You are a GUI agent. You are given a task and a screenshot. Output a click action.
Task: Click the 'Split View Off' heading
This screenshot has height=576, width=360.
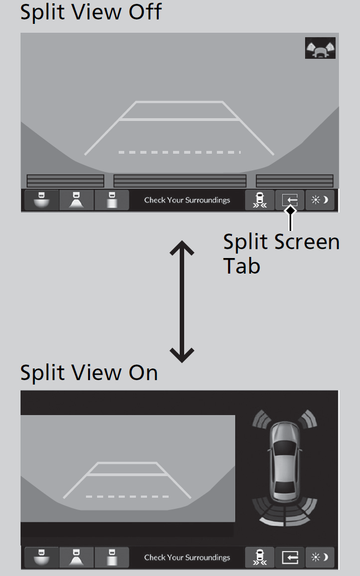tap(90, 12)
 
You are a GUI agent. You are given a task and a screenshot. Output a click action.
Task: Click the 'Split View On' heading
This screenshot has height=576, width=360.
tap(89, 372)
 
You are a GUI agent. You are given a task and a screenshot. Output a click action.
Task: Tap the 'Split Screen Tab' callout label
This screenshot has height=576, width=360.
tap(281, 254)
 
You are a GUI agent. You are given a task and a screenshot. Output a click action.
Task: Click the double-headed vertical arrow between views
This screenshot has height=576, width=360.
tap(181, 302)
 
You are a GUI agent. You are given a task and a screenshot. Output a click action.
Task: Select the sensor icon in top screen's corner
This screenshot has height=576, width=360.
tap(320, 49)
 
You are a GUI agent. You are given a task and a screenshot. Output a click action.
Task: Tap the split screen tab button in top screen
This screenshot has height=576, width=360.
tap(290, 200)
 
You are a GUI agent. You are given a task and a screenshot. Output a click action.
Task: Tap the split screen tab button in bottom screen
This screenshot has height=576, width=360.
tap(290, 557)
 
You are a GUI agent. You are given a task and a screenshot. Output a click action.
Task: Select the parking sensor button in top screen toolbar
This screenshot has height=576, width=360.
tap(259, 200)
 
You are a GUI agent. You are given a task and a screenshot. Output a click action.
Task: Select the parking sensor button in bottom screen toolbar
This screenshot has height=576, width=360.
tap(259, 557)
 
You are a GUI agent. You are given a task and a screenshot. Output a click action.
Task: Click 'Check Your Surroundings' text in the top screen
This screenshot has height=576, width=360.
tap(187, 200)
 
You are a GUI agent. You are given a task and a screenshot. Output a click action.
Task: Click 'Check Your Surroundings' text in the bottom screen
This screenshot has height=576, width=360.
tap(187, 558)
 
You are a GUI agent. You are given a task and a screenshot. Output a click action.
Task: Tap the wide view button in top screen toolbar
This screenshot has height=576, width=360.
tap(41, 200)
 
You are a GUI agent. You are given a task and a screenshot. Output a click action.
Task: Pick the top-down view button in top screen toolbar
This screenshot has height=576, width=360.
tap(111, 200)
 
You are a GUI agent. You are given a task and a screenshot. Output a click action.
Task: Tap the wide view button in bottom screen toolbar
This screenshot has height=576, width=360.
tap(41, 557)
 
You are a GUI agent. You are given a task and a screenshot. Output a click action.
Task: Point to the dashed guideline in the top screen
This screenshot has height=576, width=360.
tap(179, 152)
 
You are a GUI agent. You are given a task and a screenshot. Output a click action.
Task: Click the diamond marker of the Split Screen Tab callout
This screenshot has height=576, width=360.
tap(290, 210)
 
